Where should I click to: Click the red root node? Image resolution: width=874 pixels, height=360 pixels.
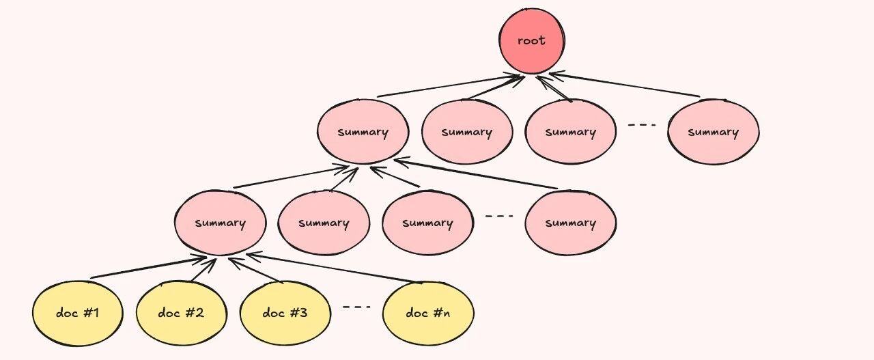531,41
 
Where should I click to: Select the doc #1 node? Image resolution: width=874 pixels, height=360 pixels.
78,313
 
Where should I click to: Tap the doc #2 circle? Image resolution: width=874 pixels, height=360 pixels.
182,313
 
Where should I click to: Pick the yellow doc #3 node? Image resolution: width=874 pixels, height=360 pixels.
285,313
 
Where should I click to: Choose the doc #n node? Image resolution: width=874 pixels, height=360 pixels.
428,313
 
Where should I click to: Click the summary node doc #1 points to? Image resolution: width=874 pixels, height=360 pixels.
221,223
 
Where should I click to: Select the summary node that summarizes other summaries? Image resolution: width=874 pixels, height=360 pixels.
363,132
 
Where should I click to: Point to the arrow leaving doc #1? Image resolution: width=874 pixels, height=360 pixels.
148,268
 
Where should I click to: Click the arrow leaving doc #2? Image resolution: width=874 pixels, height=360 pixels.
203,270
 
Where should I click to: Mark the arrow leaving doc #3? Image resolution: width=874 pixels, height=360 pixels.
255,270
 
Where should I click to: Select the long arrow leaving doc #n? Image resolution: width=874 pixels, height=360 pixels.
334,268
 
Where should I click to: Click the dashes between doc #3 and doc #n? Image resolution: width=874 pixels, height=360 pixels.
356,307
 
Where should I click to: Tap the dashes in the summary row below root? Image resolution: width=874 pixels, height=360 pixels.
642,125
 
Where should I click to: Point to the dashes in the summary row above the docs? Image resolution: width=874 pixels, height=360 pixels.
499,216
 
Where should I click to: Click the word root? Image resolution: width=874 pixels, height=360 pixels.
531,40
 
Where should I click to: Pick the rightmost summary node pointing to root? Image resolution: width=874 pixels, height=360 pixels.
714,132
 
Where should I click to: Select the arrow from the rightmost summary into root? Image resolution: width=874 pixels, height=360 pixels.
624,84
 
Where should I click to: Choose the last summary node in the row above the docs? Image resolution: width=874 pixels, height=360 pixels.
571,223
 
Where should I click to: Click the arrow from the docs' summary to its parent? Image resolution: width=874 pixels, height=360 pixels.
291,177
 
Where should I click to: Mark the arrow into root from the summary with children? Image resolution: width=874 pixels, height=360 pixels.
451,85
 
